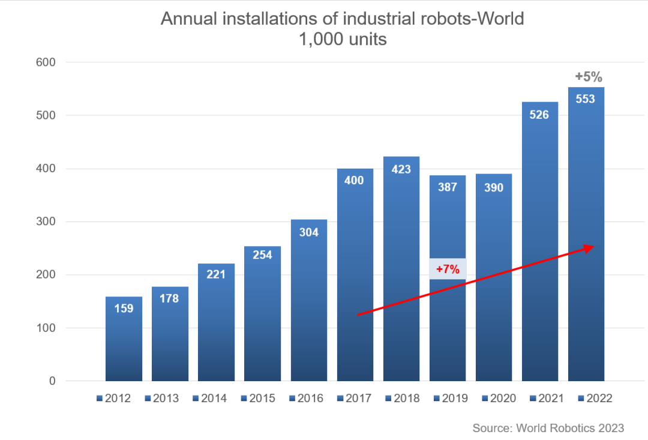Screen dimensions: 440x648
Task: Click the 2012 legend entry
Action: tap(113, 398)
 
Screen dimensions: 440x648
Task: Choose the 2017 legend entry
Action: tap(354, 398)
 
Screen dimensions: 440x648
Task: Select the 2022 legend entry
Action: tap(595, 398)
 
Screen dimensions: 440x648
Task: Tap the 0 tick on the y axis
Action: tap(52, 381)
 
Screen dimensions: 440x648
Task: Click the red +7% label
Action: tap(448, 270)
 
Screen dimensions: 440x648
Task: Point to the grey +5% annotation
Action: tap(588, 77)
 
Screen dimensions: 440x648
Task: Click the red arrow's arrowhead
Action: tap(589, 247)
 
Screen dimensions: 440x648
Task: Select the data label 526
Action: tap(539, 114)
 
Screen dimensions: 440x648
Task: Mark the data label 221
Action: tap(216, 274)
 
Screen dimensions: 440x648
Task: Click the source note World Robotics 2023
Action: tap(548, 428)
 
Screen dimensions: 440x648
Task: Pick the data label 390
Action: tap(494, 187)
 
